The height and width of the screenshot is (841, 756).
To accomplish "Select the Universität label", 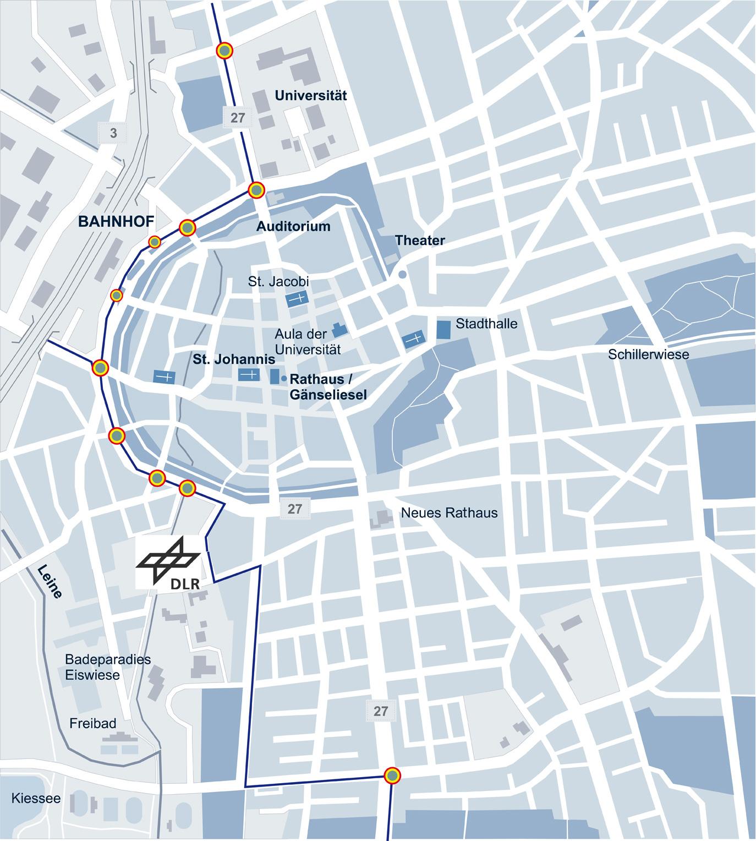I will (311, 96).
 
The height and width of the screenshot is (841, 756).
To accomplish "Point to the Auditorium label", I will (293, 226).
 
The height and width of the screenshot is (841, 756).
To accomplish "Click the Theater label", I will (420, 241).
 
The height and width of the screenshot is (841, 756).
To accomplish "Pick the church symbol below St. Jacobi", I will (297, 299).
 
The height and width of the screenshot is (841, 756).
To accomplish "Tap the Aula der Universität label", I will (308, 341).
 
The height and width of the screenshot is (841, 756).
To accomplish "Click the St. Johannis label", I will (234, 360).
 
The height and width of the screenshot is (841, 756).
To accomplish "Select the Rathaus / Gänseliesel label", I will (328, 386).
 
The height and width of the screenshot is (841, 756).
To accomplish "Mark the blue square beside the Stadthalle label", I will (443, 329).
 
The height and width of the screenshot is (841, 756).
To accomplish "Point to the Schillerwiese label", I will (648, 354).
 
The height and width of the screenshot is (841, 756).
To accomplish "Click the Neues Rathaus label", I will (449, 513).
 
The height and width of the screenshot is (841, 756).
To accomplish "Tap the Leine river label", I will (50, 581).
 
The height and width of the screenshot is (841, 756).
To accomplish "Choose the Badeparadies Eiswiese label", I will (107, 667).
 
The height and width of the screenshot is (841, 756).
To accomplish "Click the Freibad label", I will (93, 723).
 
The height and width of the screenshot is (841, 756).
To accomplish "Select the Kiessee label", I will (36, 798).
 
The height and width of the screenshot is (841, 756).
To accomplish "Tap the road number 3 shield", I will (113, 133).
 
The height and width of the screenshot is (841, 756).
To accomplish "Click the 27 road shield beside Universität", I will (238, 118).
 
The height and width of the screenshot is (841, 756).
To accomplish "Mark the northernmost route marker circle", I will (224, 51).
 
